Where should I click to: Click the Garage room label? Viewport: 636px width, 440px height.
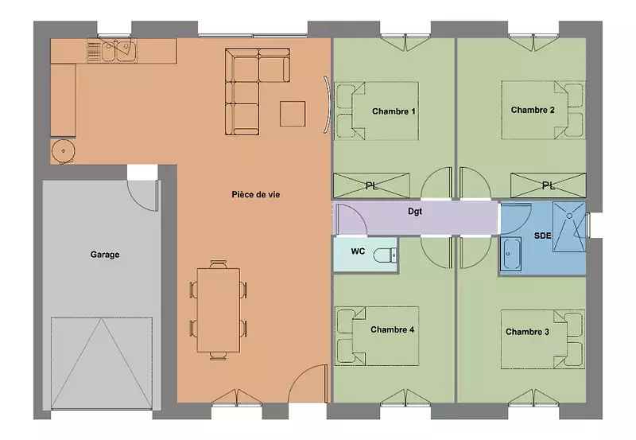105,255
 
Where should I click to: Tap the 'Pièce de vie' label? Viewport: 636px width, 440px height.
255,194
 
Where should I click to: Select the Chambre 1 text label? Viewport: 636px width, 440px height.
394,111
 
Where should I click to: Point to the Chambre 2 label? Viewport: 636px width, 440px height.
533,110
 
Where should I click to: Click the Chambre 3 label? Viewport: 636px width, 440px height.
527,332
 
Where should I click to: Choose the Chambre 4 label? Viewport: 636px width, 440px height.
392,329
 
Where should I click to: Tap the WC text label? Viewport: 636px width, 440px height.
358,251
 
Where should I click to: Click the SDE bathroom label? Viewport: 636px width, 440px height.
542,236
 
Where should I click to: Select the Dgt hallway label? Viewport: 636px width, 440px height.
415,212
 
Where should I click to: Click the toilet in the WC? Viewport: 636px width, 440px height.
385,255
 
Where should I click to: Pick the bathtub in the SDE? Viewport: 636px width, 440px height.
511,254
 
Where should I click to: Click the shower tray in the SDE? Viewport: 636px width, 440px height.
569,227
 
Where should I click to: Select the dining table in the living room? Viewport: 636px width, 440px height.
218,310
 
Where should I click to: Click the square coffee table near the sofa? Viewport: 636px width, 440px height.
293,114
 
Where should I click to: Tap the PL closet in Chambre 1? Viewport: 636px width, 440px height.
371,185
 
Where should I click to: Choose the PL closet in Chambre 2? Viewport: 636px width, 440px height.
548,185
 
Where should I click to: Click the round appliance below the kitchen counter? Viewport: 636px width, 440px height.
64,151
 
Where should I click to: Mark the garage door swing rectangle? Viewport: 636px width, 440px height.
102,363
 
